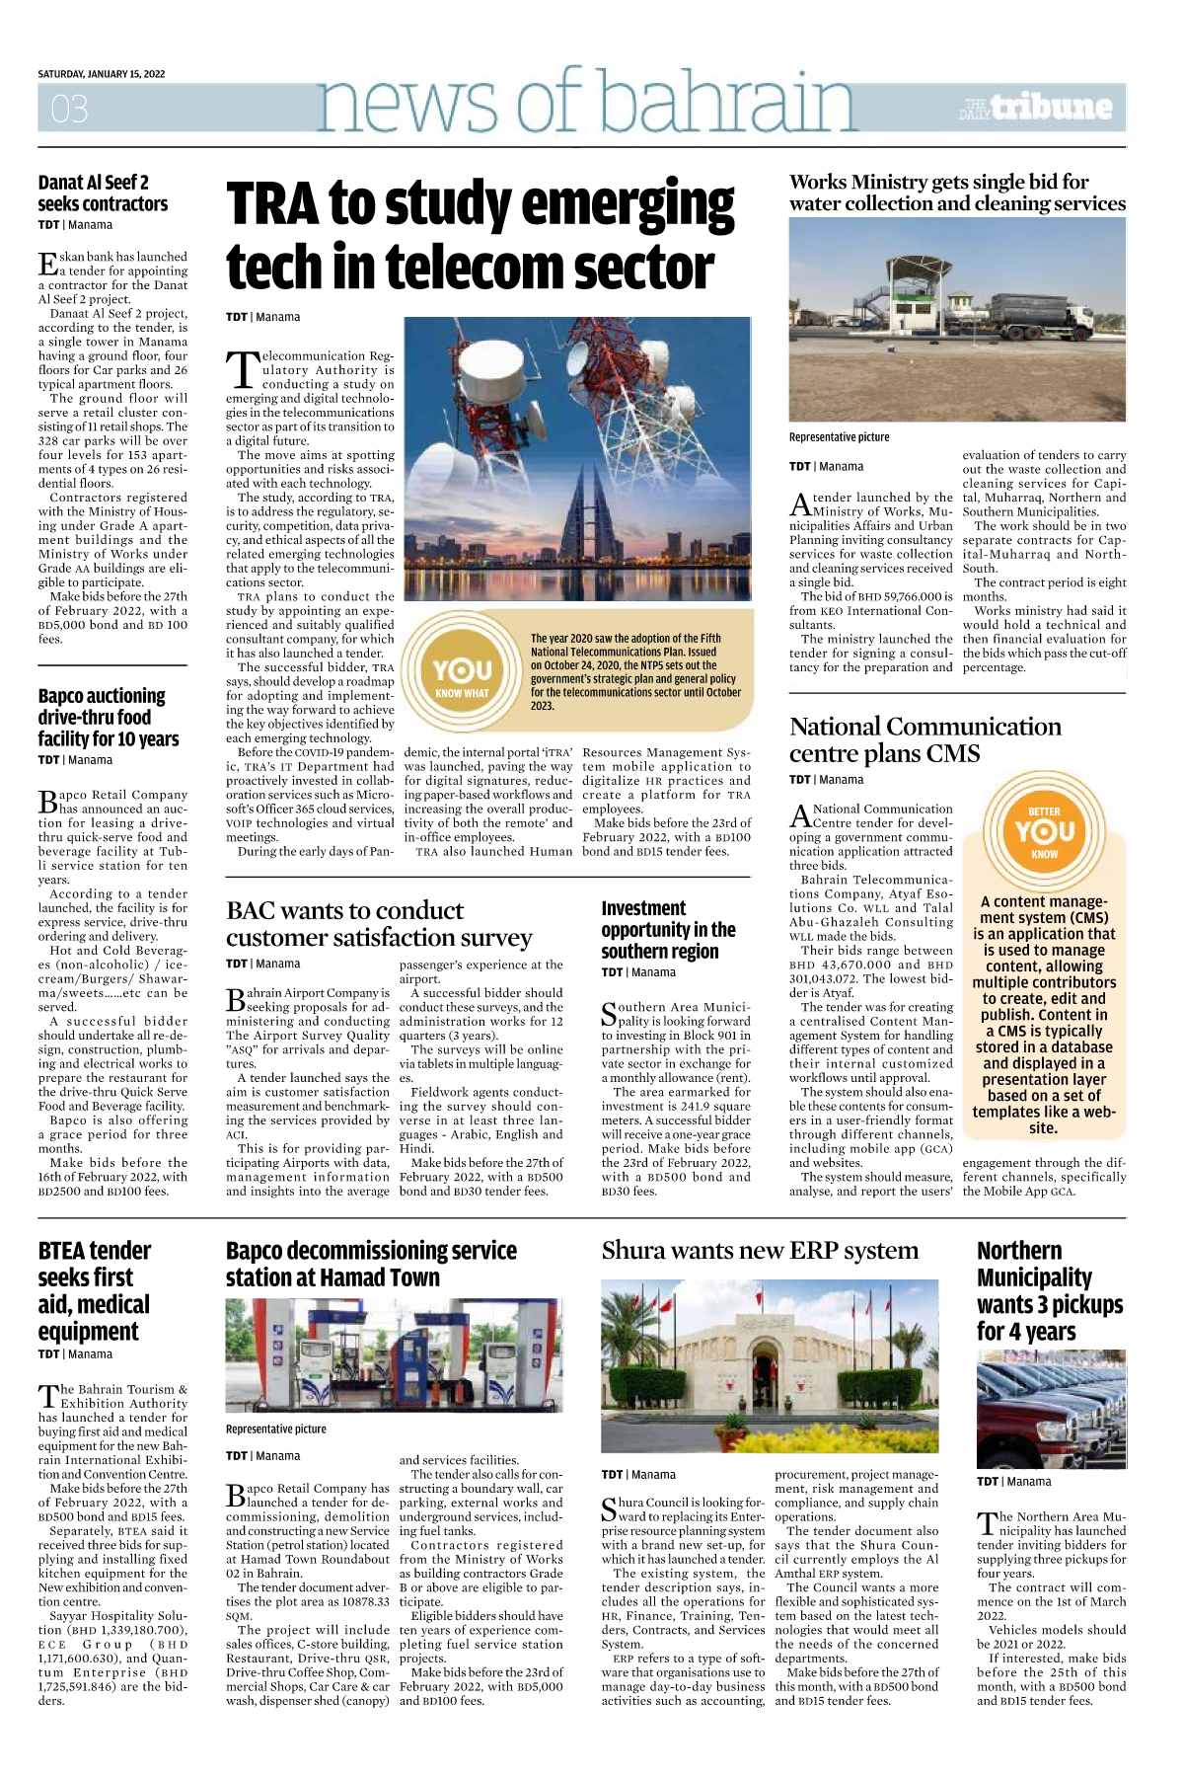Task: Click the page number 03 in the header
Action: tap(69, 109)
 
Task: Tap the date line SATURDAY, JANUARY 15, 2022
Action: tap(102, 74)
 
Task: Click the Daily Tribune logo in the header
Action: tap(1037, 108)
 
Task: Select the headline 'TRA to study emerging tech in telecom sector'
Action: tap(481, 235)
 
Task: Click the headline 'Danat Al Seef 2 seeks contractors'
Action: tap(103, 193)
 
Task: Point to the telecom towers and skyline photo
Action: tap(577, 459)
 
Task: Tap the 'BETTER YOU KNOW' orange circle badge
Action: tap(1044, 831)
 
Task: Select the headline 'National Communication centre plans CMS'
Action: tap(924, 739)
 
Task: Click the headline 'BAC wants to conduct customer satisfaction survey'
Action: tap(379, 923)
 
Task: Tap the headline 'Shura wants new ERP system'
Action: tap(760, 1251)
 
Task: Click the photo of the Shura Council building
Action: tap(770, 1365)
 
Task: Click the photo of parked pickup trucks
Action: tap(1051, 1409)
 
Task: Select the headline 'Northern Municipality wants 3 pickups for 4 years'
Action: tap(1050, 1290)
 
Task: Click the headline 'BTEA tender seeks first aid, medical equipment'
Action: tap(95, 1290)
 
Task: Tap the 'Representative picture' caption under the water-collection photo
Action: tap(839, 437)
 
